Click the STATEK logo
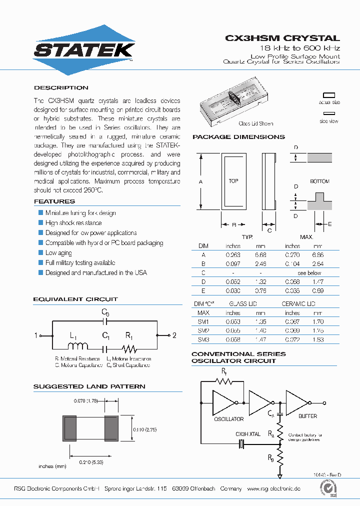(x=83, y=50)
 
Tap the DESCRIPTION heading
(x=61, y=87)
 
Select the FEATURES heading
(x=54, y=201)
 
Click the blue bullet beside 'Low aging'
(x=41, y=253)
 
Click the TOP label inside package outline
(x=233, y=181)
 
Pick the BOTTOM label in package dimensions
(x=319, y=181)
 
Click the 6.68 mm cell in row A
(x=260, y=255)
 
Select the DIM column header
(x=203, y=246)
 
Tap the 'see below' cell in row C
(x=309, y=273)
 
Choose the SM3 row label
(x=203, y=340)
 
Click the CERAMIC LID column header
(x=298, y=304)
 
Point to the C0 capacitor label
(x=105, y=312)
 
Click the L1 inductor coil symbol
(x=80, y=345)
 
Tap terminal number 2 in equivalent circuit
(x=174, y=335)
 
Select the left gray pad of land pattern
(x=69, y=428)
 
